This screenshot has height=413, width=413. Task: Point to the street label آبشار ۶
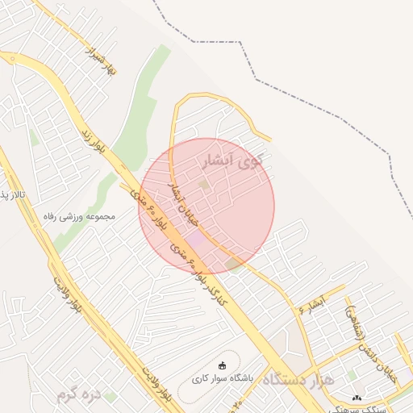[x=311, y=304]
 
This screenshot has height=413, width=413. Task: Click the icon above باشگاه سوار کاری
[x=223, y=365]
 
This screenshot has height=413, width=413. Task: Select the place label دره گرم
[x=79, y=394]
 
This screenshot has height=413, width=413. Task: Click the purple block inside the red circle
[x=197, y=240]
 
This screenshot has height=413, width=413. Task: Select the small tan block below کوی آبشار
[x=204, y=186]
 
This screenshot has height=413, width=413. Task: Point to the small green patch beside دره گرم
[x=110, y=396]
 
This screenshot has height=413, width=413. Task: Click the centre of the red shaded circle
[x=206, y=206]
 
